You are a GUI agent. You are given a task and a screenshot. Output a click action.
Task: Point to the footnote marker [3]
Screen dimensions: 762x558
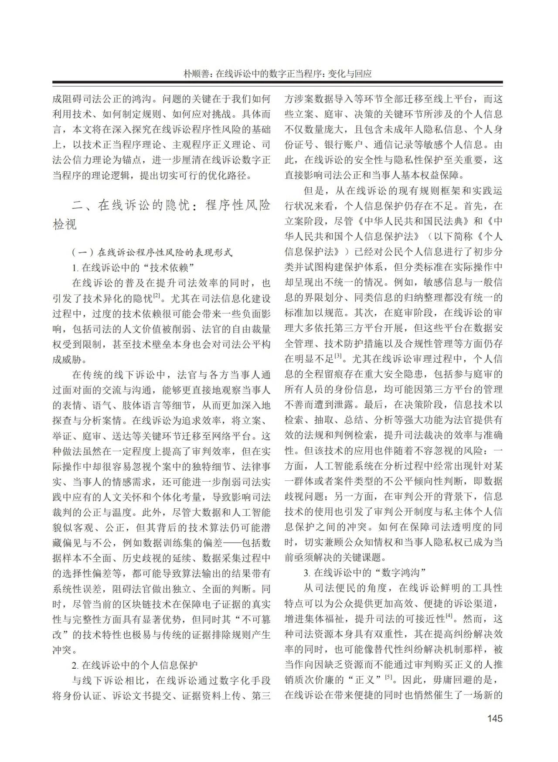pyautogui.click(x=338, y=357)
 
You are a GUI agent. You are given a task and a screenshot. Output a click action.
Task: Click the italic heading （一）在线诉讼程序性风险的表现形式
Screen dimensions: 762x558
pyautogui.click(x=152, y=252)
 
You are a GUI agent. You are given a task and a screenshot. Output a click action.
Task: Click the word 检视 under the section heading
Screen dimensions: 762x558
pyautogui.click(x=65, y=225)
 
